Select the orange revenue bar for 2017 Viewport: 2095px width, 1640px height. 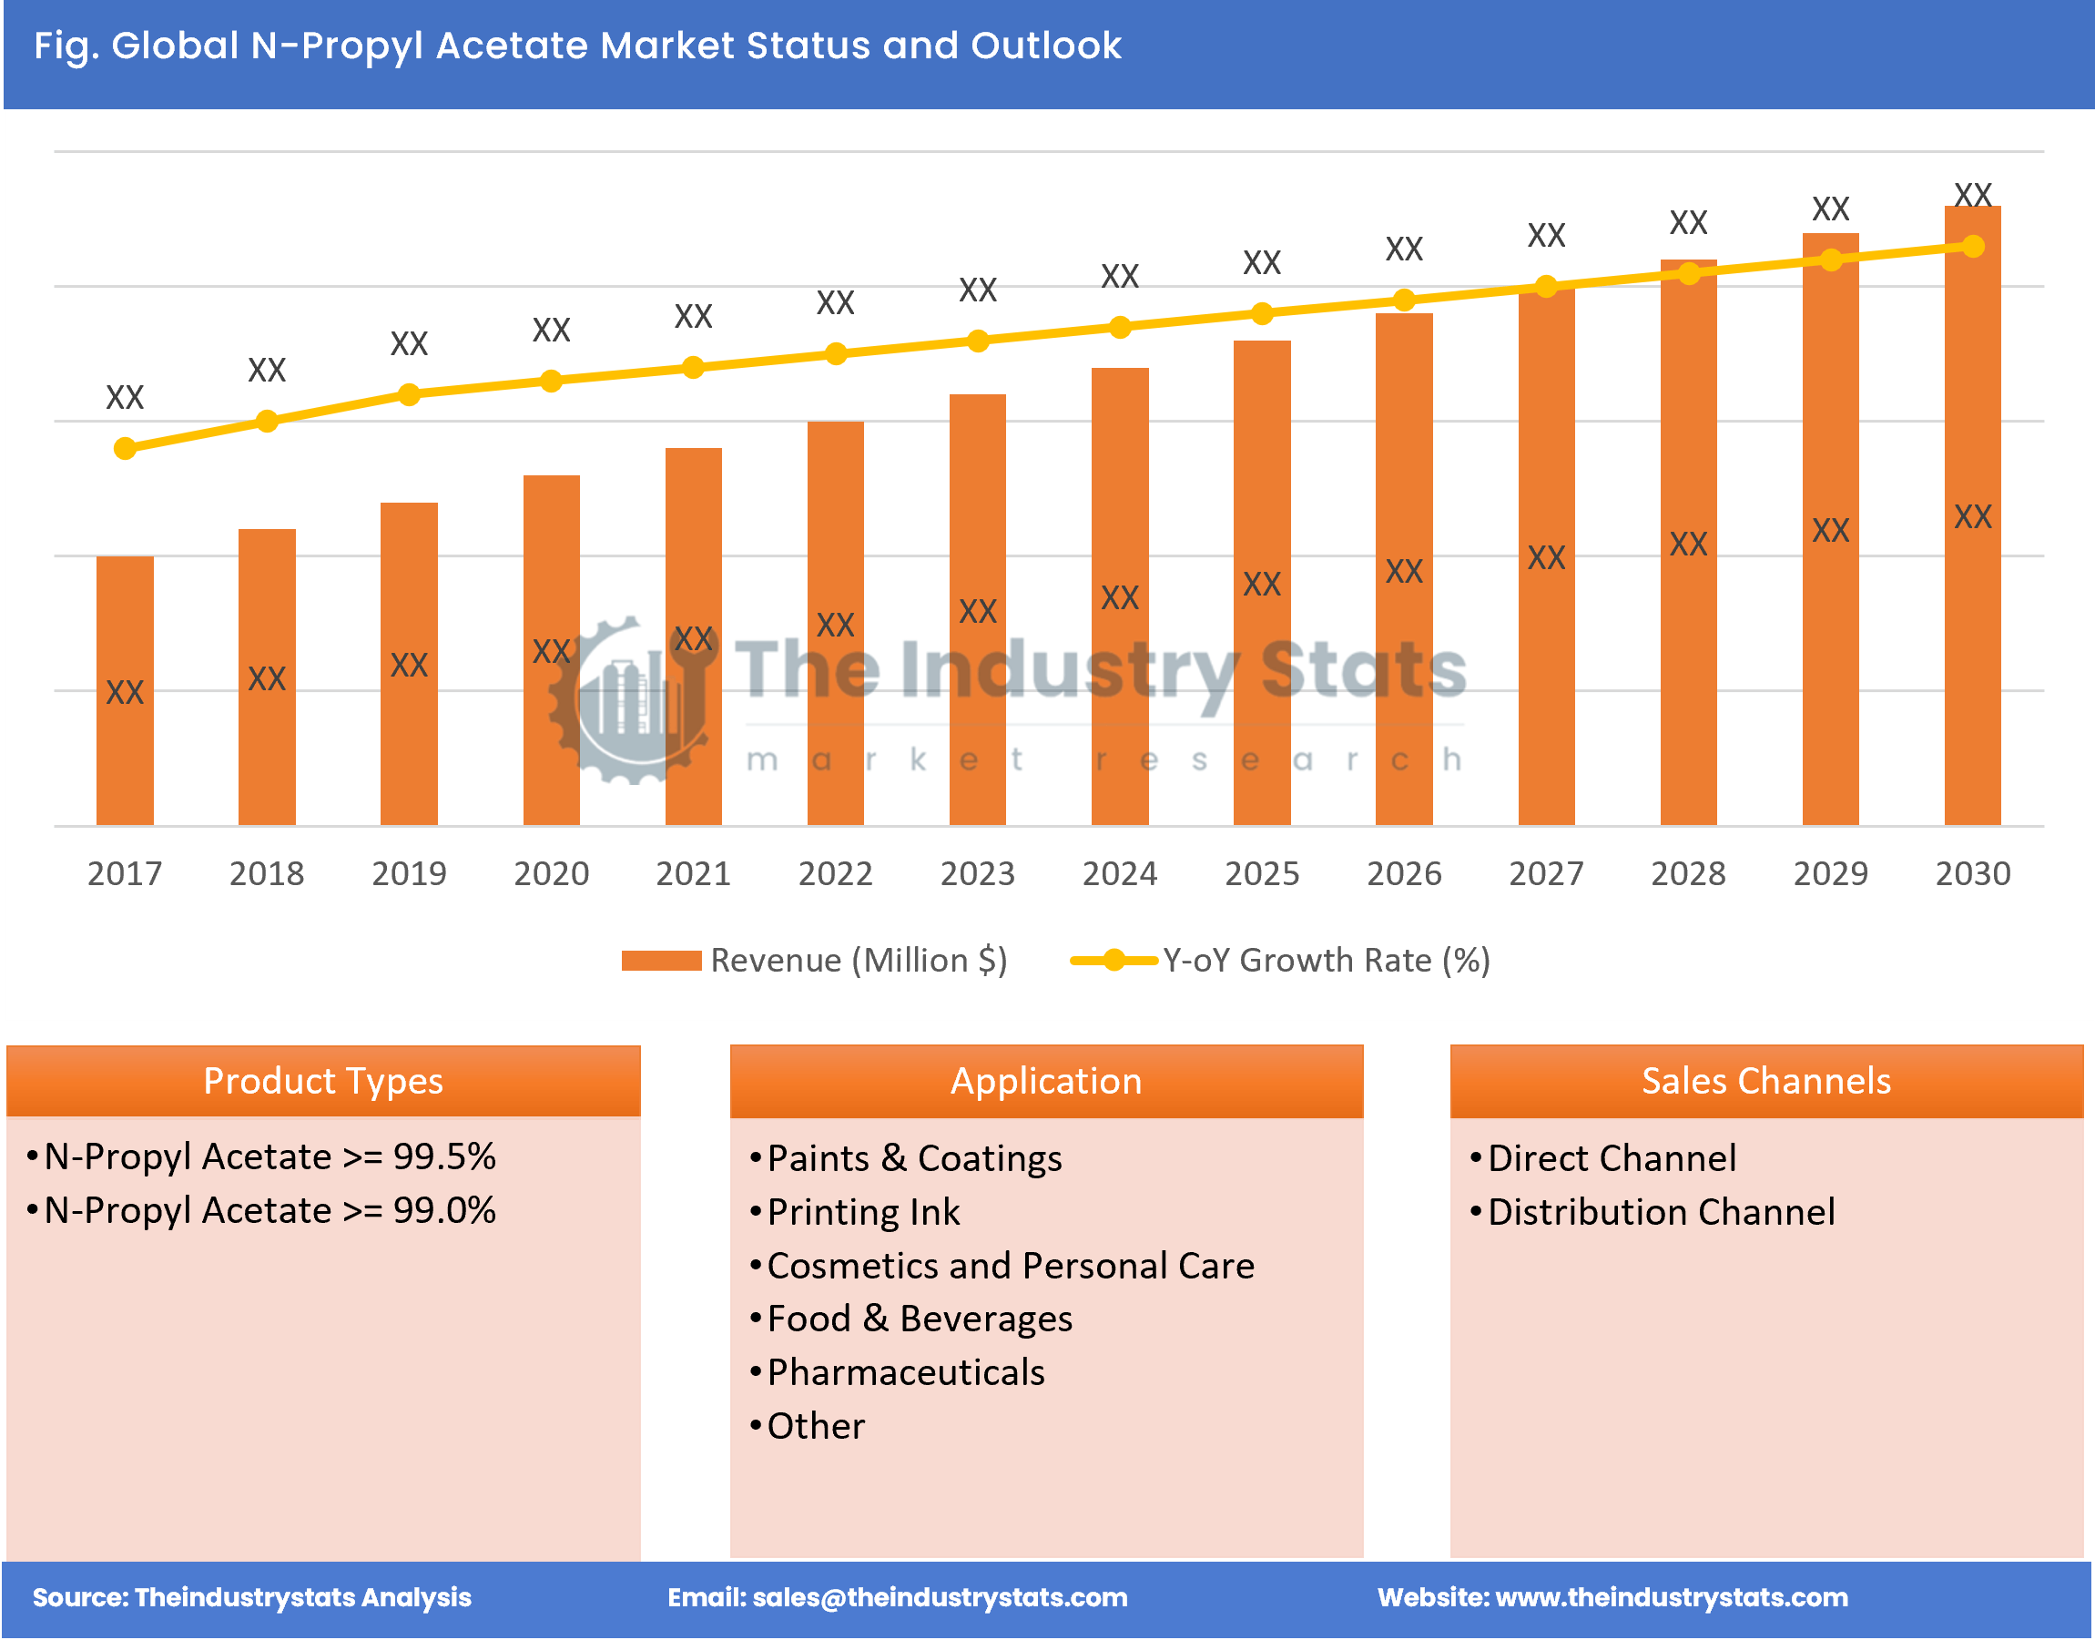(x=125, y=691)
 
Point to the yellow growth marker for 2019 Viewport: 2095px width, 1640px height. (x=409, y=394)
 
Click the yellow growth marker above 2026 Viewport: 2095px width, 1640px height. (x=1404, y=300)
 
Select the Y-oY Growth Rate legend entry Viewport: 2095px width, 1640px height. (x=1282, y=960)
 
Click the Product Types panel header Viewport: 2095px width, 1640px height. (x=323, y=1081)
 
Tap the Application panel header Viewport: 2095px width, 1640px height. (x=1046, y=1081)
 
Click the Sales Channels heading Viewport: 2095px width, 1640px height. (x=1765, y=1081)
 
